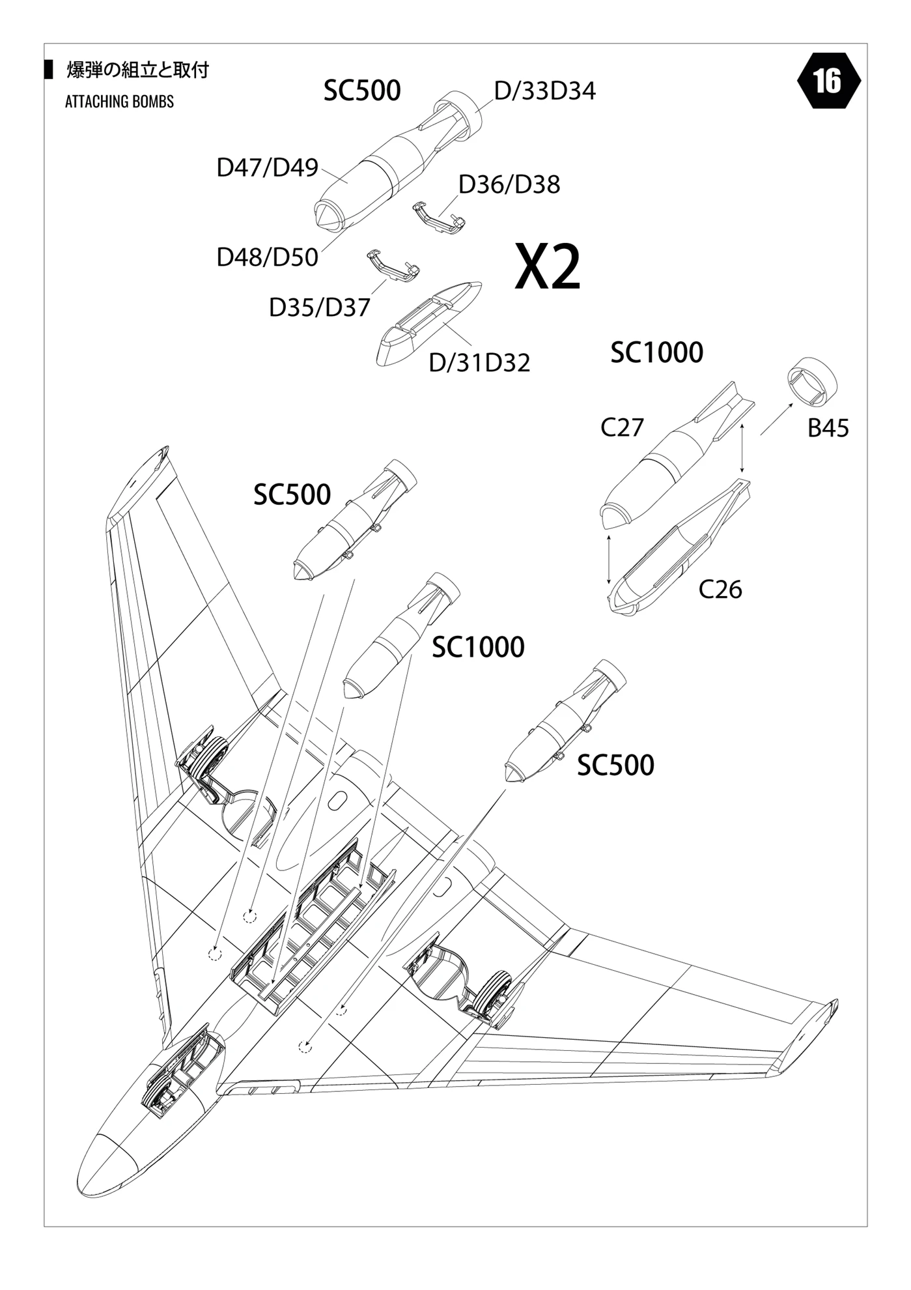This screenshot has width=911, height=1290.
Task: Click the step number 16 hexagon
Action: [x=828, y=81]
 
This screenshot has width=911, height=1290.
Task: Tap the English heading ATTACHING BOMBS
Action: [x=120, y=102]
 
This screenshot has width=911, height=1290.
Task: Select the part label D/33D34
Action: [x=544, y=91]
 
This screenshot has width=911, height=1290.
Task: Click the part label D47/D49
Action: [x=267, y=168]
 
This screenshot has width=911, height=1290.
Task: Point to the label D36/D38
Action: [x=509, y=184]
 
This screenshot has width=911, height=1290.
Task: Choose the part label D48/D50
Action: [x=267, y=257]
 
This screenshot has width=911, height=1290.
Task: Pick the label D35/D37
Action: [x=319, y=308]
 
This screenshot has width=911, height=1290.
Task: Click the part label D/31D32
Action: [x=479, y=363]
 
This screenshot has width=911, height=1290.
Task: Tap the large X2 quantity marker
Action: [x=547, y=267]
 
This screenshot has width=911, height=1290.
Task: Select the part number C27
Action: [x=622, y=427]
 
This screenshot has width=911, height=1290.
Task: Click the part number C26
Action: [x=720, y=589]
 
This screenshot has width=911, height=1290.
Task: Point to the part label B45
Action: [x=828, y=429]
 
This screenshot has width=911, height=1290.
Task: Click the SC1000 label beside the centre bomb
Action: [x=478, y=648]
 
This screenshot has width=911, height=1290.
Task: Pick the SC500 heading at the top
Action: [x=362, y=91]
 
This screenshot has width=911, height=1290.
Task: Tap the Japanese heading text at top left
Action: [x=137, y=70]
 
